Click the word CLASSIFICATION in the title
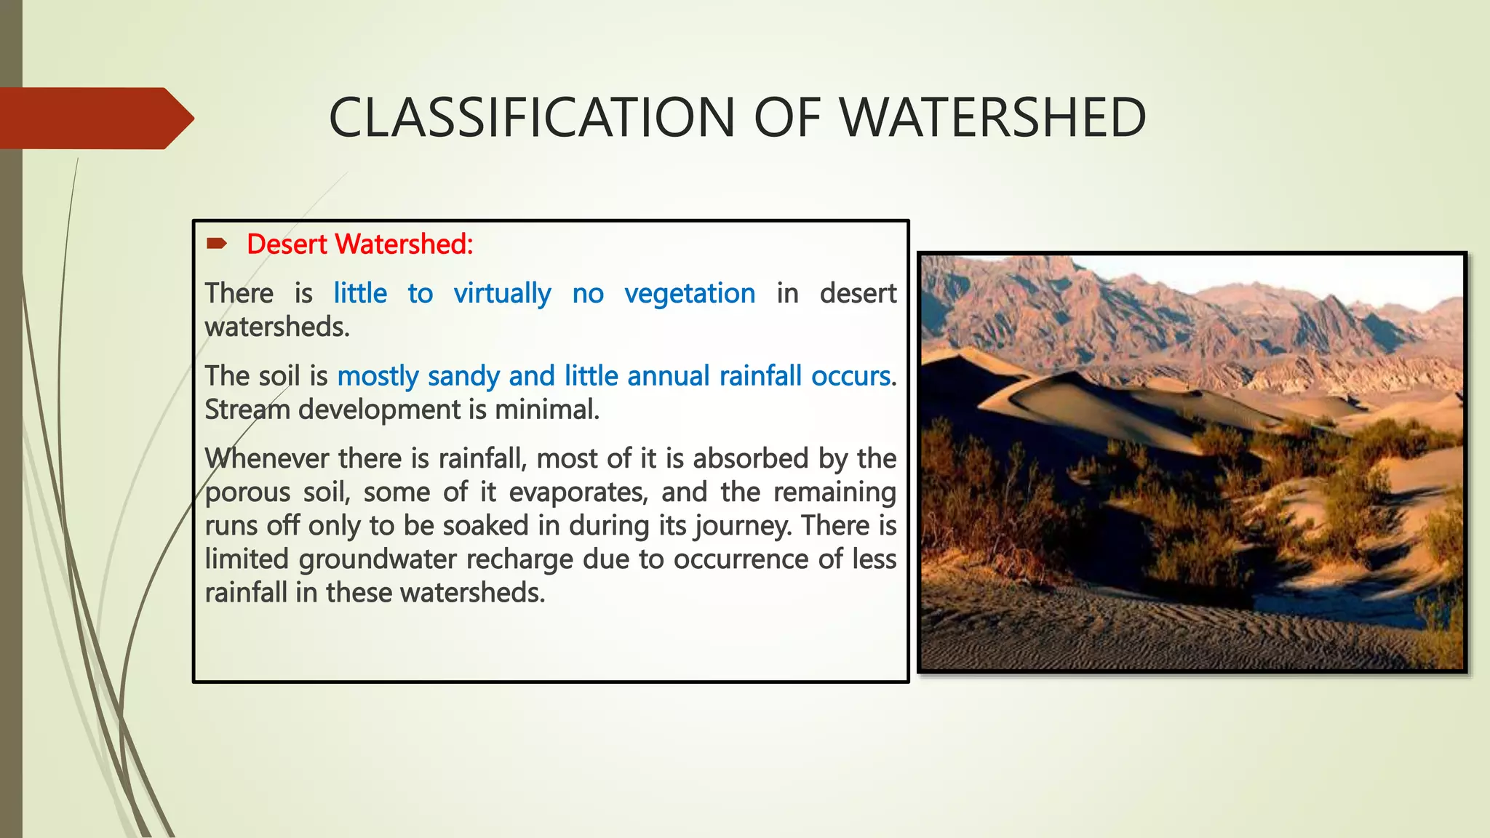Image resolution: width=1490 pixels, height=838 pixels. [532, 118]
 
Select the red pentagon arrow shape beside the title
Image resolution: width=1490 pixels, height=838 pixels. [95, 118]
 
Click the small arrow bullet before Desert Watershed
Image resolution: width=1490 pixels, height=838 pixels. [216, 244]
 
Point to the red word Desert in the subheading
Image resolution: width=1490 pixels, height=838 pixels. [287, 244]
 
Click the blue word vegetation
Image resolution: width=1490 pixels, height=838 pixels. [690, 293]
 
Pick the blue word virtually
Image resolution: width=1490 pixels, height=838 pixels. [502, 293]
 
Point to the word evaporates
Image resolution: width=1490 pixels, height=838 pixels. [578, 492]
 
